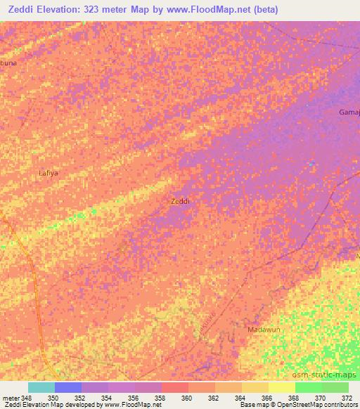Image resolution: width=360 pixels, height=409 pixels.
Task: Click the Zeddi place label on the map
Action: pyautogui.click(x=180, y=201)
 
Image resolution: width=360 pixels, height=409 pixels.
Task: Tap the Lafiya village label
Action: pyautogui.click(x=48, y=172)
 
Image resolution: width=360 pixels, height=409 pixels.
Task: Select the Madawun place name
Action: pyautogui.click(x=263, y=329)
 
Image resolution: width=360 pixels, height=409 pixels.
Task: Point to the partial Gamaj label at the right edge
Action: pyautogui.click(x=349, y=112)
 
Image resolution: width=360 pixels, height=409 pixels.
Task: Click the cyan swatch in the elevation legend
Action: pyautogui.click(x=41, y=387)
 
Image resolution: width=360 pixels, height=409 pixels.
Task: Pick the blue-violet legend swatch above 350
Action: pyautogui.click(x=68, y=387)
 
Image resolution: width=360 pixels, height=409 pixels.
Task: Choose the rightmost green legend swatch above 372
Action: pyautogui.click(x=335, y=387)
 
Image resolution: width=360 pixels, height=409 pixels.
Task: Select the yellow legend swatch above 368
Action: pyautogui.click(x=282, y=387)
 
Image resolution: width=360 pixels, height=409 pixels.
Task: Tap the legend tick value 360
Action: pyautogui.click(x=187, y=398)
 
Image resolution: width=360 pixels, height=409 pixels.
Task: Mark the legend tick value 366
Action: pyautogui.click(x=267, y=398)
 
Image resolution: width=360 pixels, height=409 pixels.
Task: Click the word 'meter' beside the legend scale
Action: pyautogui.click(x=11, y=398)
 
